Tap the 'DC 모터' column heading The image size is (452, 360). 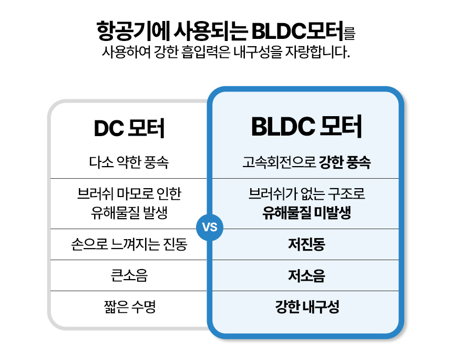pyautogui.click(x=129, y=128)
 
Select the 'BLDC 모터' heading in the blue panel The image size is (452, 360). pyautogui.click(x=306, y=127)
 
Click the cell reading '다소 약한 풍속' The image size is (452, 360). pyautogui.click(x=129, y=162)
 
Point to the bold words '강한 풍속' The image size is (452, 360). pyautogui.click(x=345, y=162)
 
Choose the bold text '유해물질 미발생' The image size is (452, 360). pyautogui.click(x=306, y=212)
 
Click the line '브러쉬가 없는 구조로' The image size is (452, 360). pyautogui.click(x=306, y=194)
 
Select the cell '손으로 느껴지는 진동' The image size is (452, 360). pyautogui.click(x=129, y=245)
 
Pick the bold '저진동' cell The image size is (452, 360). pyautogui.click(x=306, y=245)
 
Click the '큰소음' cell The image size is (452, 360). pyautogui.click(x=129, y=276)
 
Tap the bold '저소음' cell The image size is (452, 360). pyautogui.click(x=306, y=276)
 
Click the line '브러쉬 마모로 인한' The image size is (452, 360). pyautogui.click(x=129, y=194)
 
